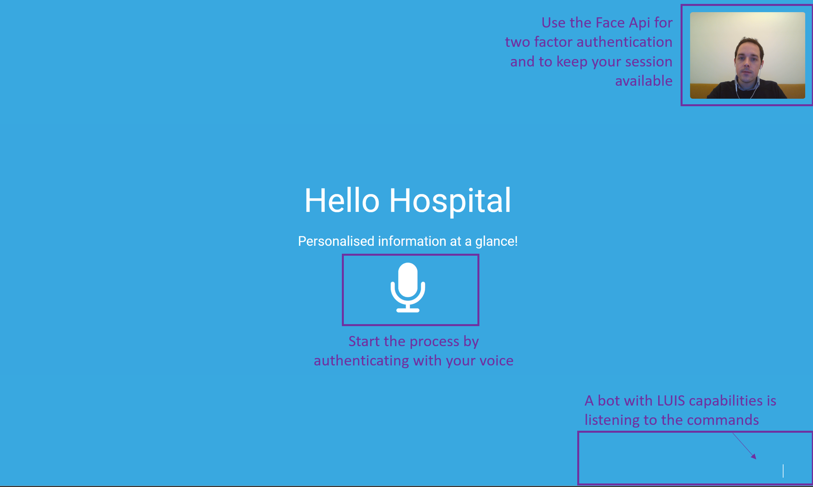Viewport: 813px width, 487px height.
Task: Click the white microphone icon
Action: [x=408, y=288]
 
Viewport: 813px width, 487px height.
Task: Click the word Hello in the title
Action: [x=342, y=201]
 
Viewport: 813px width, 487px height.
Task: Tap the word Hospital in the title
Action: [x=450, y=201]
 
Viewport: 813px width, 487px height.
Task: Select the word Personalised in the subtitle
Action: [x=336, y=241]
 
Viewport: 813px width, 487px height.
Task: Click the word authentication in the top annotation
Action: [x=624, y=42]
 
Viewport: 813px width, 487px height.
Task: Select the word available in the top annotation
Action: [x=644, y=81]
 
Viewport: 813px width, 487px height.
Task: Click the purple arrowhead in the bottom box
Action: [x=753, y=456]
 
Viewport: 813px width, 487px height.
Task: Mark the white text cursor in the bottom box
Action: [x=783, y=471]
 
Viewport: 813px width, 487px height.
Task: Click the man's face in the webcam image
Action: [x=749, y=61]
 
